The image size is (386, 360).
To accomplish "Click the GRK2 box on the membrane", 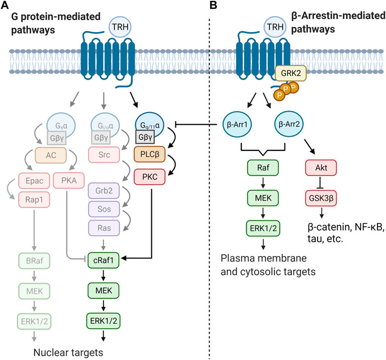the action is [291, 73].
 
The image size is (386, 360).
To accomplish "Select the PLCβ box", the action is [150, 154].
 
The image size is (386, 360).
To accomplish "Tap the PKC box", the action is [150, 177].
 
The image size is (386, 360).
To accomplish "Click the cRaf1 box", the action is [104, 260].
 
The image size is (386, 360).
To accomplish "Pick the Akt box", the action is [321, 168].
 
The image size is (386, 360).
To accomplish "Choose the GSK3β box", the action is [321, 198].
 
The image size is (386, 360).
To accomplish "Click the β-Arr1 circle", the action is [237, 124].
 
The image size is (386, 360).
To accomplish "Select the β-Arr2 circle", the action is [289, 124].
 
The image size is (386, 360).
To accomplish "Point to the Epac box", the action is [34, 181].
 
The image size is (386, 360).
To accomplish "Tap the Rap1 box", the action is [34, 200].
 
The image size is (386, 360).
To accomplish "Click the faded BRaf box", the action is [35, 260].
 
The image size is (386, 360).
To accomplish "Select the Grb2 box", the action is [104, 191].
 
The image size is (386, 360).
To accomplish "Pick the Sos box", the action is [104, 209].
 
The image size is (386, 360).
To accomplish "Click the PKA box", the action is [69, 181].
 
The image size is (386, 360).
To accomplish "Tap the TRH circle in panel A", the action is [120, 27].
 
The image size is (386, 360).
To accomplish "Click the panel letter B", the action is [214, 5].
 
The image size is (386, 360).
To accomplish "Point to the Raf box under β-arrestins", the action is [263, 168].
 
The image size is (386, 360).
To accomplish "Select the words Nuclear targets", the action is [68, 352].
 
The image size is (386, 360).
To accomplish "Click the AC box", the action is [51, 155].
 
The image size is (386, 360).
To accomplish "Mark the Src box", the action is [104, 155].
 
